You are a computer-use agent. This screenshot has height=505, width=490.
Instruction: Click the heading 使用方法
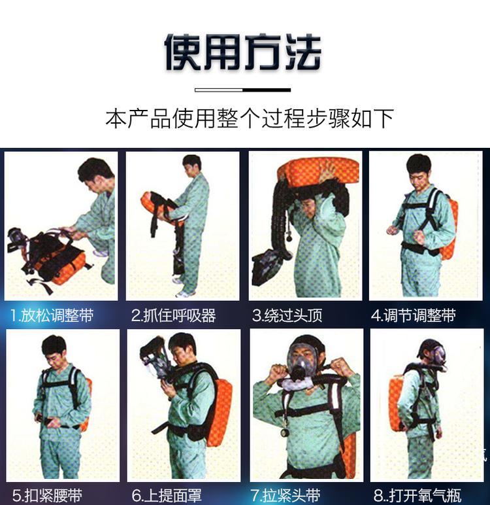pyautogui.click(x=243, y=52)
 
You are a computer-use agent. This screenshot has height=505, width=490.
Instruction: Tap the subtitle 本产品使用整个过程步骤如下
pyautogui.click(x=250, y=118)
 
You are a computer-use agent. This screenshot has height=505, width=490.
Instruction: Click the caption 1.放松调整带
pyautogui.click(x=52, y=315)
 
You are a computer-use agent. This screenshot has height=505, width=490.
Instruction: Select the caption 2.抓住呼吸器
pyautogui.click(x=173, y=315)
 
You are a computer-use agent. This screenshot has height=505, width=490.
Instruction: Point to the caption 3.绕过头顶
pyautogui.click(x=287, y=315)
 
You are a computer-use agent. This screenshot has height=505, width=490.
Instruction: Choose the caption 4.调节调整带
pyautogui.click(x=414, y=315)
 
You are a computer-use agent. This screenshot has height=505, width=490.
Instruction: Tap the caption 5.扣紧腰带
pyautogui.click(x=47, y=495)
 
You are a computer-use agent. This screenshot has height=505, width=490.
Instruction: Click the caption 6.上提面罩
pyautogui.click(x=167, y=495)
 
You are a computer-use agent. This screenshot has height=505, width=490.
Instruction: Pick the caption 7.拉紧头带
pyautogui.click(x=286, y=495)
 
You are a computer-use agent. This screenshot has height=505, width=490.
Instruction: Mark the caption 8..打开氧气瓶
pyautogui.click(x=417, y=495)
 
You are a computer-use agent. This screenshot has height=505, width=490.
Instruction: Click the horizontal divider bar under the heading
pyautogui.click(x=243, y=90)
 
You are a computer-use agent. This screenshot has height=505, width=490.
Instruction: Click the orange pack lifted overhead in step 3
pyautogui.click(x=318, y=172)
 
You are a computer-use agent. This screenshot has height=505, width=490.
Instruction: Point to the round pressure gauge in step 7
pyautogui.click(x=286, y=432)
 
